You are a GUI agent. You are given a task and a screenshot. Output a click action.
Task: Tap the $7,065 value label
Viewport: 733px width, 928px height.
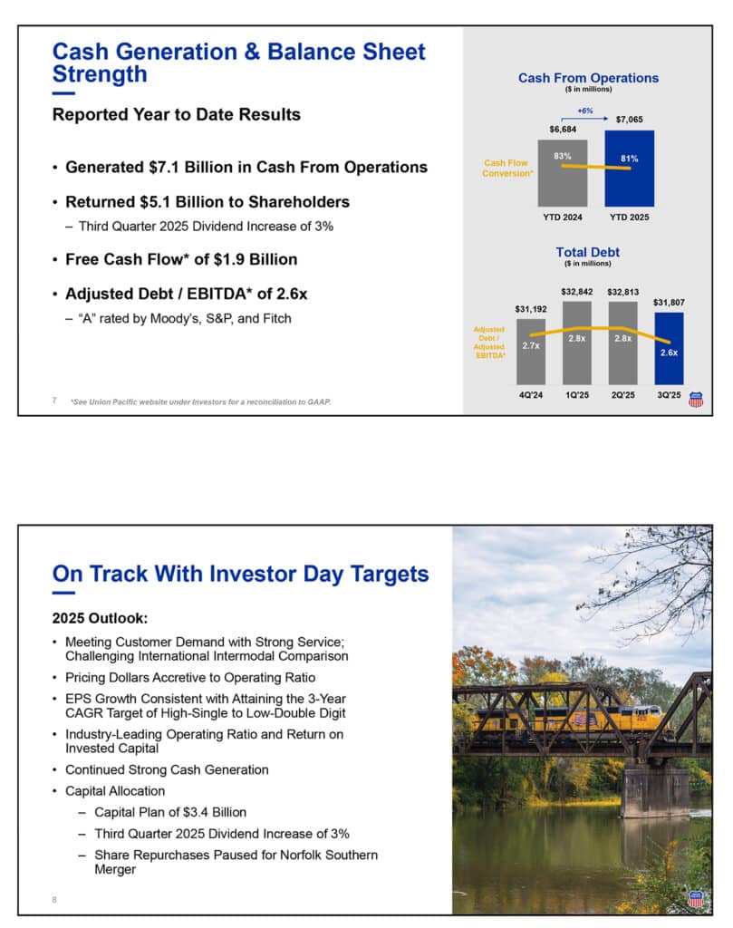click(629, 119)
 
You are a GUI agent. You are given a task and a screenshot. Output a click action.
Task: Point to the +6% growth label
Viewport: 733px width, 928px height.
click(585, 110)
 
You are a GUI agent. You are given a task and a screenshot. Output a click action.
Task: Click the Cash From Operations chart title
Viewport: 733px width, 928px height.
click(588, 78)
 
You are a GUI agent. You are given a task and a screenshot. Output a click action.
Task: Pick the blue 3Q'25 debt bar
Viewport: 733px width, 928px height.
click(669, 348)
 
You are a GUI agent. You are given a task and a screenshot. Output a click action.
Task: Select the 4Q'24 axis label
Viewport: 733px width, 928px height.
click(532, 396)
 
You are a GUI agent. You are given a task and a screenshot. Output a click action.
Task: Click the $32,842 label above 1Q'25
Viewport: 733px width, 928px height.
click(577, 292)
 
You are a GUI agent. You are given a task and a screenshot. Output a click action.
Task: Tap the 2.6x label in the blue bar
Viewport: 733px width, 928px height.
click(669, 353)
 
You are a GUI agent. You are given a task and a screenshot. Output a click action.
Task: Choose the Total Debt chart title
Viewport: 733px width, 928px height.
click(588, 252)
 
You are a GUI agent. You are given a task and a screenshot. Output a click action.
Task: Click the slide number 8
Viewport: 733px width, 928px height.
click(54, 899)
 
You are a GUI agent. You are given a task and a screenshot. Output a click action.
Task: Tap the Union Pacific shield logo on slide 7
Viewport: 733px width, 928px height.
click(696, 399)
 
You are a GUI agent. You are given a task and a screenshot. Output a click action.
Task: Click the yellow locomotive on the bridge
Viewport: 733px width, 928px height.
click(580, 720)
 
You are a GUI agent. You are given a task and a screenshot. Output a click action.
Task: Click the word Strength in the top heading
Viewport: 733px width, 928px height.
click(100, 73)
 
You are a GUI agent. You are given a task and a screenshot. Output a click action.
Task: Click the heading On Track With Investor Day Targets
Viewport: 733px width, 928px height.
click(240, 574)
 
